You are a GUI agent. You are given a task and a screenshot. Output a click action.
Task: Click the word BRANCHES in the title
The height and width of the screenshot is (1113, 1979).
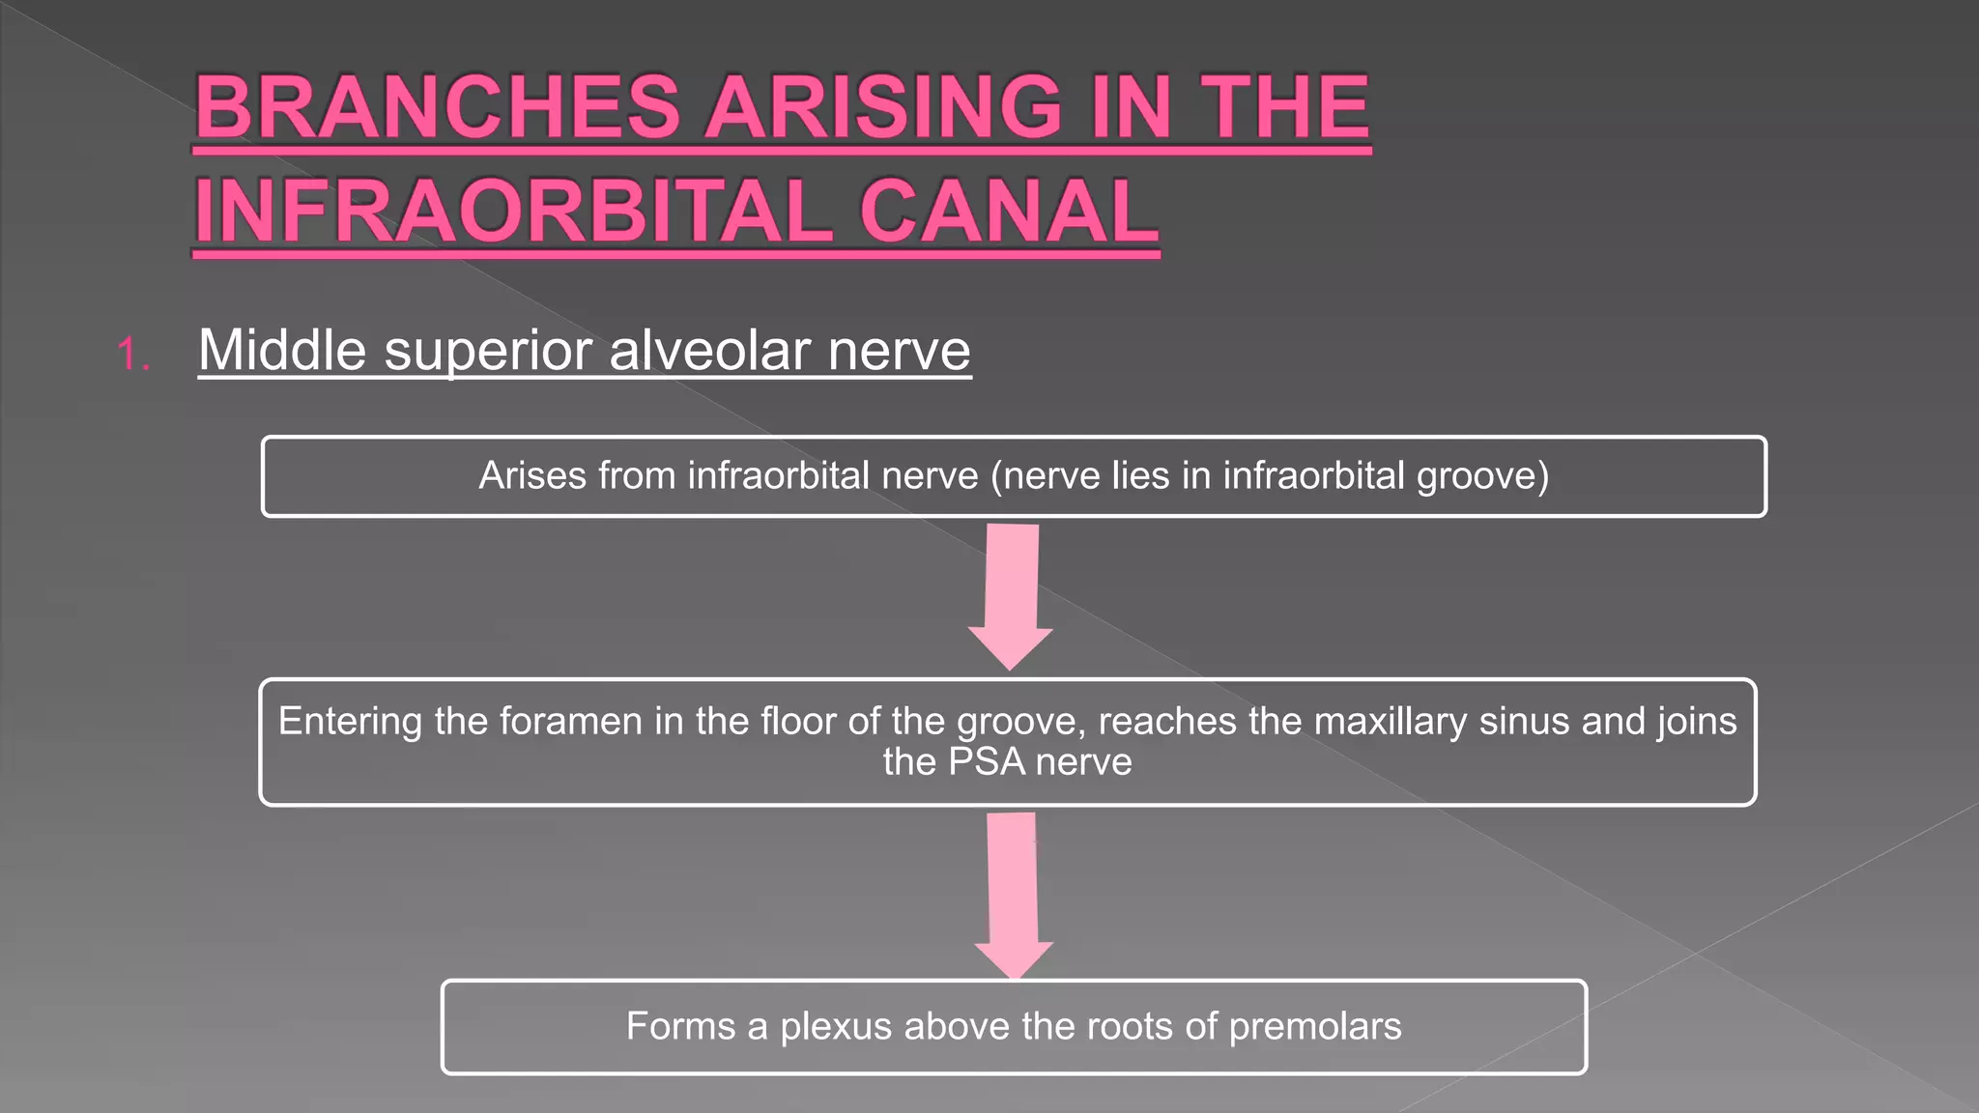[x=438, y=107]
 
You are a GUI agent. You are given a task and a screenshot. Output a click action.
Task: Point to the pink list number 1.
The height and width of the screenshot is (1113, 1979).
[x=130, y=355]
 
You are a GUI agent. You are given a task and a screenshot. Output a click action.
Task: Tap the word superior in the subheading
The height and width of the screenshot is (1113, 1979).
[x=488, y=352]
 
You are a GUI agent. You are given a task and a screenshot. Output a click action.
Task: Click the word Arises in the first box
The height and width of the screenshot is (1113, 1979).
[x=532, y=475]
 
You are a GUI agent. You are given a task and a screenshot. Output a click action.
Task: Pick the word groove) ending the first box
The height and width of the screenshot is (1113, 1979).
[x=1482, y=476]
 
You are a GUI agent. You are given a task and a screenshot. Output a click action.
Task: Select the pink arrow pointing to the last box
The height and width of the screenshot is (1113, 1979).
[x=1013, y=894]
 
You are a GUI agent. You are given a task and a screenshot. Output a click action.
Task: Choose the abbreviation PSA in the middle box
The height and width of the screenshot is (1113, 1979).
[x=986, y=762]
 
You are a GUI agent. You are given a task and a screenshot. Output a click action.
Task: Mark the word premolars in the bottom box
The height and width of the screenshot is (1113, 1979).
[x=1314, y=1027]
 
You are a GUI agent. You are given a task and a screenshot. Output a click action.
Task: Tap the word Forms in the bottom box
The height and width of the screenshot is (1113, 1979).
[x=680, y=1026]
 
